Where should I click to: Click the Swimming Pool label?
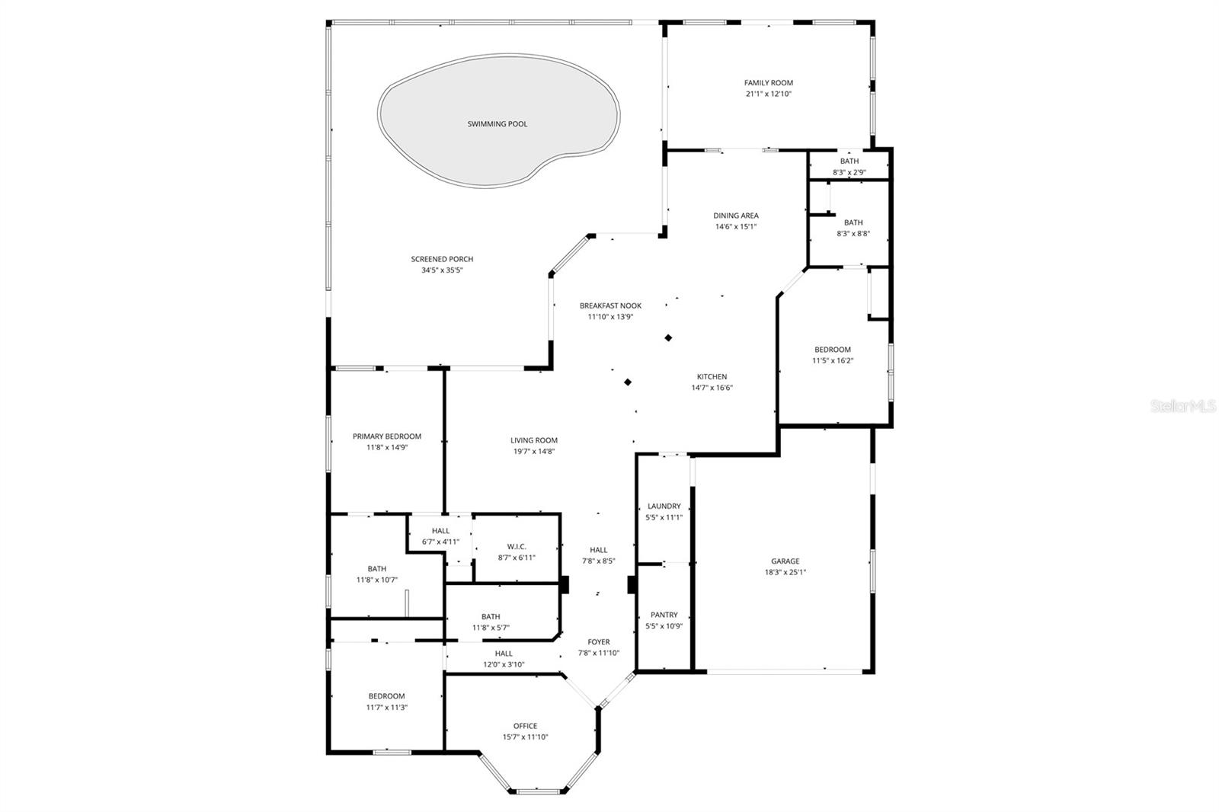tap(497, 124)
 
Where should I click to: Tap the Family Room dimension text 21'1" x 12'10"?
tap(769, 94)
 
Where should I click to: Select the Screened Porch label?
tap(442, 260)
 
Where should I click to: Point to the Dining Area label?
tap(735, 216)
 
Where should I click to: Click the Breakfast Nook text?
tap(610, 306)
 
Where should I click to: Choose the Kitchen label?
tap(712, 377)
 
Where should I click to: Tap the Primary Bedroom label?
tap(386, 436)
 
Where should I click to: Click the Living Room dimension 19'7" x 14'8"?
tap(533, 452)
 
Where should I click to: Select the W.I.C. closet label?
tap(517, 547)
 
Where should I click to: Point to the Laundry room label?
tap(664, 507)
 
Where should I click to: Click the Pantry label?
tap(664, 615)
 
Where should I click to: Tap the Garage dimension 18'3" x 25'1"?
tap(785, 572)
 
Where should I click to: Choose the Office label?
tap(525, 726)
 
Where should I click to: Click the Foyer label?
tap(598, 642)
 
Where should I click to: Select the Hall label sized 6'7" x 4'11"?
tap(440, 531)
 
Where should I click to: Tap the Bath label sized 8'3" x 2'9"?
tap(849, 161)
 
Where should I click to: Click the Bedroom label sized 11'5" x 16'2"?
tap(832, 350)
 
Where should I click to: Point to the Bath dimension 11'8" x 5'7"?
tap(491, 628)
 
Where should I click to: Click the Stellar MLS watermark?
tap(1182, 407)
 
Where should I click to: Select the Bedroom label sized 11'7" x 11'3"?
tap(386, 696)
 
